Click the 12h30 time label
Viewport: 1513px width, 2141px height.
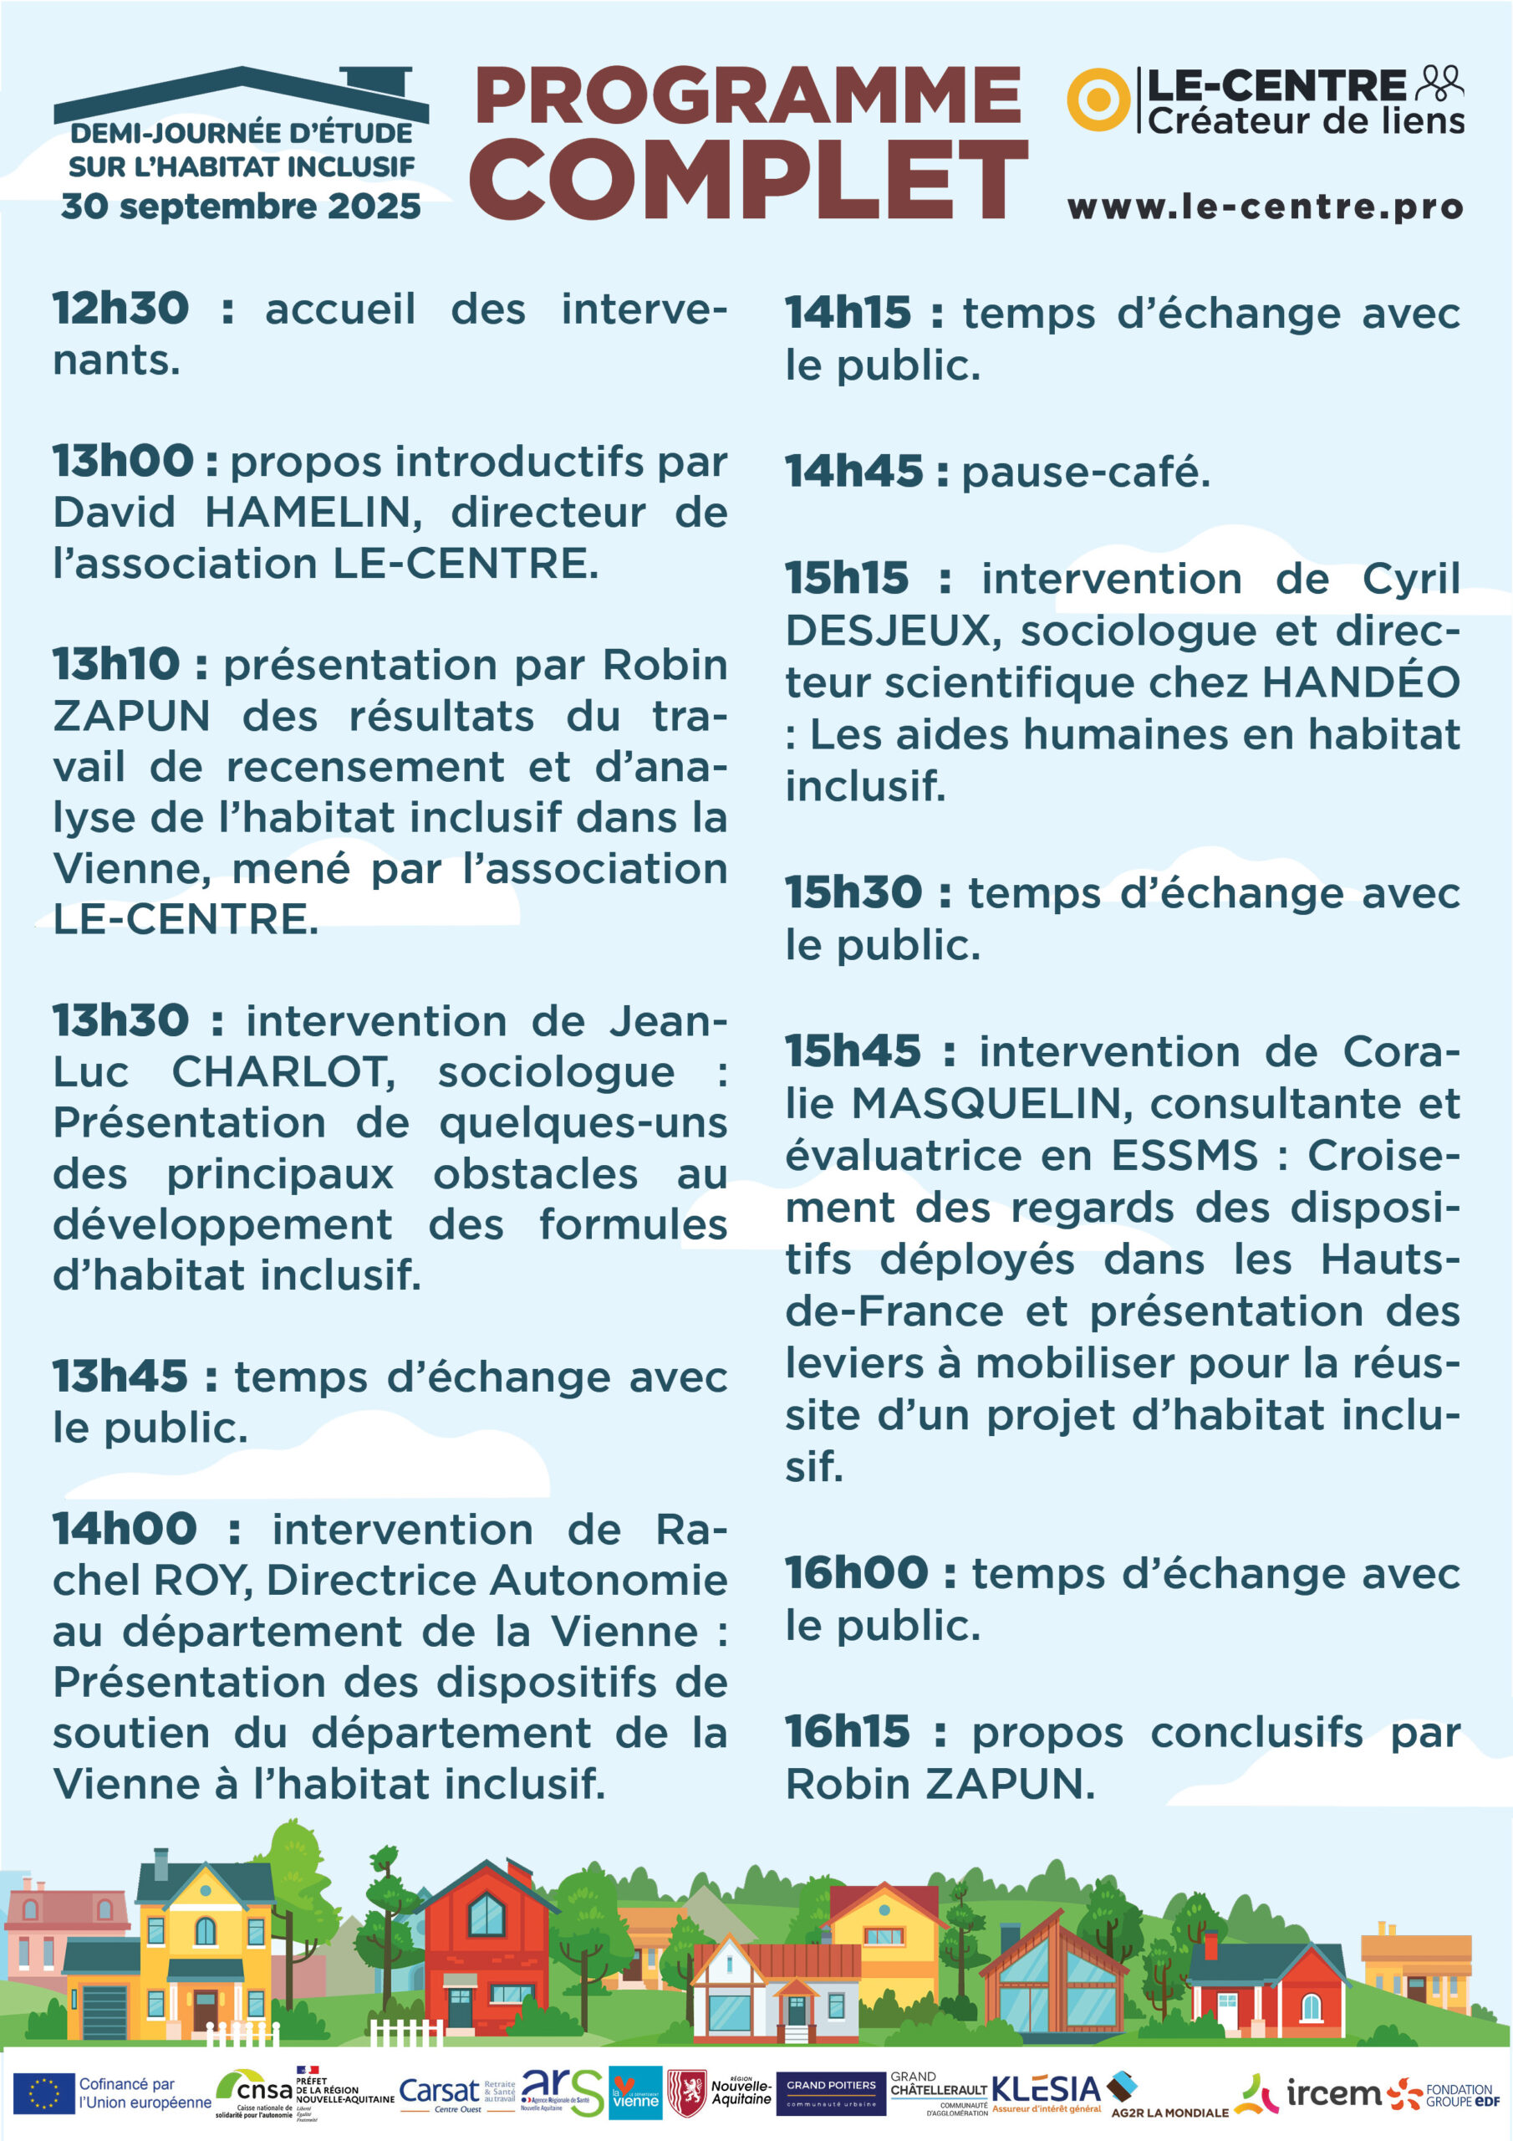(120, 309)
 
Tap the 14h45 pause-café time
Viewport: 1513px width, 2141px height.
(853, 472)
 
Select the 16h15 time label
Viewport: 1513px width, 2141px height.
(847, 1733)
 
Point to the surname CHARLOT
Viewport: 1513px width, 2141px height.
(283, 1072)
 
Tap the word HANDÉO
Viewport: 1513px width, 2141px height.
(1360, 682)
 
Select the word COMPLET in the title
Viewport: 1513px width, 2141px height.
(749, 179)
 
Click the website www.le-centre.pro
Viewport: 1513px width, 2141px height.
(1265, 207)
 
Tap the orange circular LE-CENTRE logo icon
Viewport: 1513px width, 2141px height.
(1098, 99)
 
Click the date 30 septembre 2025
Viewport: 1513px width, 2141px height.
(242, 206)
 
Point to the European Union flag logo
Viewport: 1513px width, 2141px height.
(43, 2093)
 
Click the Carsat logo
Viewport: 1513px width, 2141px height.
(438, 2092)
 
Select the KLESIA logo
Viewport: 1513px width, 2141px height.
(1046, 2090)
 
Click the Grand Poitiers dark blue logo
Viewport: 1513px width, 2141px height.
(831, 2092)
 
